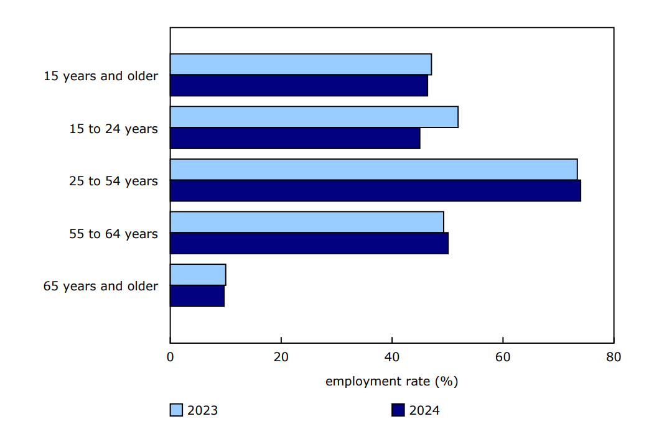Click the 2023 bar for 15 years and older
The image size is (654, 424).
[301, 65]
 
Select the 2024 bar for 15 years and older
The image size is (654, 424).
[299, 86]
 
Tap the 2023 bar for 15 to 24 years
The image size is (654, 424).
[314, 117]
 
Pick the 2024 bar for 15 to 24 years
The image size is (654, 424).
[295, 138]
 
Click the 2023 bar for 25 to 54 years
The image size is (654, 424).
[373, 170]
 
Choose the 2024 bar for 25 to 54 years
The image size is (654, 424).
[375, 191]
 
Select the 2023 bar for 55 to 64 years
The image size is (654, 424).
[307, 222]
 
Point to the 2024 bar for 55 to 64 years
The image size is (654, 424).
[309, 243]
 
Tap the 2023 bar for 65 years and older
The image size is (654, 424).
[198, 275]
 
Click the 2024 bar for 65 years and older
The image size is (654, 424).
[197, 296]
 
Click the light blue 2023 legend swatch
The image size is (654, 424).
[177, 410]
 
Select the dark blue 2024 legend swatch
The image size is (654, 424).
[398, 410]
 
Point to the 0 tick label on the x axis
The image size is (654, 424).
[171, 357]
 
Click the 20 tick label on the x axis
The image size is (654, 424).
[281, 357]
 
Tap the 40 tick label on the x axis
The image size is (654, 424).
[392, 357]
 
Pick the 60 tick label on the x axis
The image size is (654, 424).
[503, 357]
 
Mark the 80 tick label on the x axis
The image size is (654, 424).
[614, 357]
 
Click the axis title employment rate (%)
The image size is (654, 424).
[391, 381]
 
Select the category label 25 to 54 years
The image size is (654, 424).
[113, 181]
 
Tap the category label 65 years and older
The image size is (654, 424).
[101, 286]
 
